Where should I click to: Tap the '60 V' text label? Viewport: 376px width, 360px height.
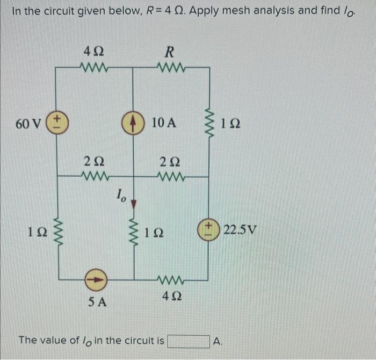pos(28,124)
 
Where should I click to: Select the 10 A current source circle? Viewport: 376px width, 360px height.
pos(133,122)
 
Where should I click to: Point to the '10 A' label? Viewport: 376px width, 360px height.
pos(164,123)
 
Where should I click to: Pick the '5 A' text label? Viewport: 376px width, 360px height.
pos(98,302)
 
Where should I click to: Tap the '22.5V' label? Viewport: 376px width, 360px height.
pos(241,231)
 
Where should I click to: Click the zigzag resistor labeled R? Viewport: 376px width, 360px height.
pos(169,68)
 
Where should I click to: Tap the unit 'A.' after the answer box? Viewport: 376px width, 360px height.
pos(218,341)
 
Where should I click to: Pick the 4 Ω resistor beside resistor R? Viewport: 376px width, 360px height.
pos(95,68)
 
